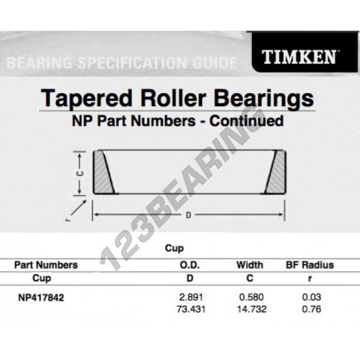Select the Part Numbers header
(46, 263)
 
